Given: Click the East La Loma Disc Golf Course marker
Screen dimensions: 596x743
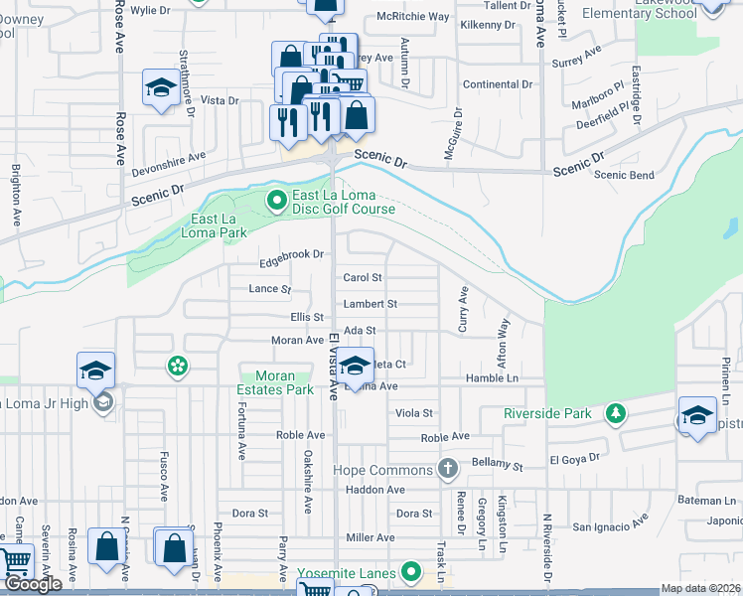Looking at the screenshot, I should (278, 202).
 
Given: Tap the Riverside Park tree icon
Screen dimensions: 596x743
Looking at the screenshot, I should (617, 412).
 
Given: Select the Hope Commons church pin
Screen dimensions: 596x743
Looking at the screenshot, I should (448, 469).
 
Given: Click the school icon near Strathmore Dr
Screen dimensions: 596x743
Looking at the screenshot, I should (159, 89).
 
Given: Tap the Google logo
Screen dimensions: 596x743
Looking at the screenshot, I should (33, 584).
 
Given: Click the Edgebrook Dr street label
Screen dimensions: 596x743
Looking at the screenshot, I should (292, 254).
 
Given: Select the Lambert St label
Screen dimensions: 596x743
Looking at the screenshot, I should (371, 304).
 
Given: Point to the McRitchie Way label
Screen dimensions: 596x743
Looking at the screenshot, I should (413, 18).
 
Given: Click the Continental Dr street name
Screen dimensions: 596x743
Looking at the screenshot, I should (498, 84).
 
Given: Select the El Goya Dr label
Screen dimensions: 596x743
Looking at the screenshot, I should (574, 460).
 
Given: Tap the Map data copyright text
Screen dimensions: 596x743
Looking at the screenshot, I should (698, 588).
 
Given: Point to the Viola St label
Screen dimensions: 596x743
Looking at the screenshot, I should (415, 412).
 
